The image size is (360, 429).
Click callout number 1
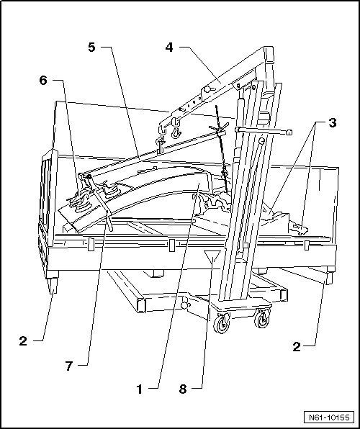tap(140, 389)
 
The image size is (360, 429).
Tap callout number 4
tap(169, 48)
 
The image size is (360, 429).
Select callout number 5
tap(91, 47)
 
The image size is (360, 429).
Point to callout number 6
tap(43, 80)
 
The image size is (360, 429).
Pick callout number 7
tap(69, 366)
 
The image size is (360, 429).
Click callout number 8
tap(183, 389)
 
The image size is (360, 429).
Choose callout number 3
tap(333, 123)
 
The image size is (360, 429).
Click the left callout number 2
tap(23, 341)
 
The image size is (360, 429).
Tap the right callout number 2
tap(297, 347)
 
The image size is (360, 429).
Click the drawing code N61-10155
tap(330, 417)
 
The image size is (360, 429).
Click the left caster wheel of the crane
tap(222, 323)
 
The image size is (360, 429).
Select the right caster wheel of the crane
tap(262, 318)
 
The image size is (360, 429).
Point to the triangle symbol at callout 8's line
tap(212, 256)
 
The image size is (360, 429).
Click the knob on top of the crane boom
tap(207, 89)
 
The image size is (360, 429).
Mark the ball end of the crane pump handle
tap(288, 132)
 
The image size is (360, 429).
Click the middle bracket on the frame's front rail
tap(171, 245)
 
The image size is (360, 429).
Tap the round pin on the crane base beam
tap(185, 304)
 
